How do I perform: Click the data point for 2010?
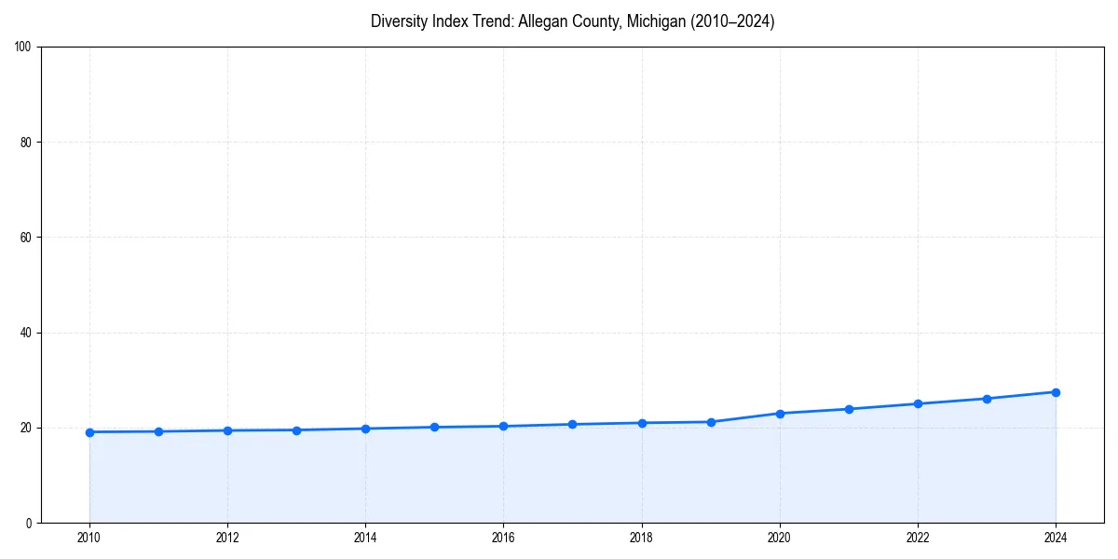click(x=89, y=432)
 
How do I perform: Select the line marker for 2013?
click(x=296, y=430)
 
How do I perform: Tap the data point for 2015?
click(x=434, y=428)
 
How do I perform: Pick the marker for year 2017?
click(x=572, y=425)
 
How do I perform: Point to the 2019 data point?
click(x=711, y=422)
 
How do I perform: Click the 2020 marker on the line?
click(x=780, y=414)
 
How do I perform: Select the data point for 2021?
click(x=849, y=409)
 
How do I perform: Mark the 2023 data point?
click(x=987, y=399)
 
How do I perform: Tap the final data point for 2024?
click(x=1056, y=392)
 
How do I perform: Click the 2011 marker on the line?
click(x=158, y=431)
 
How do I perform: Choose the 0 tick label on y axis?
click(x=30, y=523)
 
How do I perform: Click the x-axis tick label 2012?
click(x=227, y=538)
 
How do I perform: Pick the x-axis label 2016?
click(x=503, y=538)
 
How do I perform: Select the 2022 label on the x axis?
click(x=918, y=538)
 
